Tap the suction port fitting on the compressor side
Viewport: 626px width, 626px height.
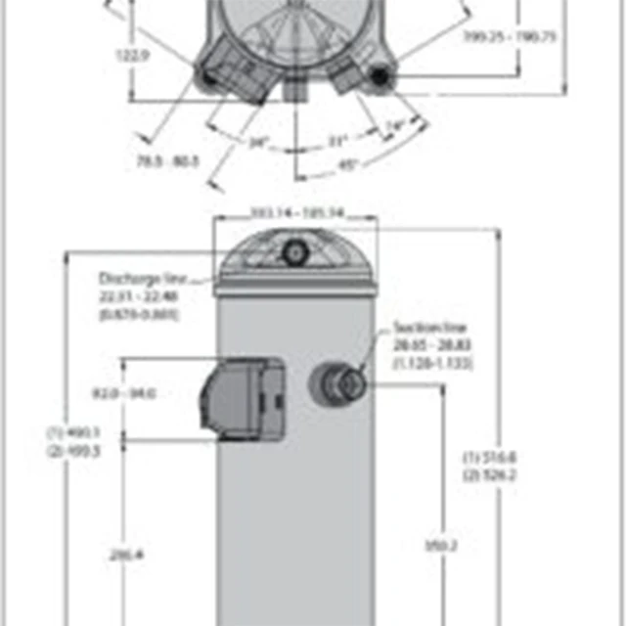(339, 384)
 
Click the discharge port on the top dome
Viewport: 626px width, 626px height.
(293, 252)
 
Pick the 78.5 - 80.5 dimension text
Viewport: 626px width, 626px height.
(168, 160)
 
